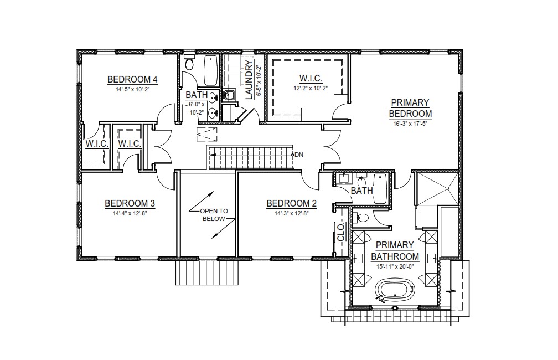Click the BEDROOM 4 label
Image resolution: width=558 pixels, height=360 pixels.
pyautogui.click(x=132, y=79)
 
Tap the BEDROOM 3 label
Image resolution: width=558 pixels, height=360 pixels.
pyautogui.click(x=130, y=203)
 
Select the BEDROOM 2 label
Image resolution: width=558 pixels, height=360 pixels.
pyautogui.click(x=291, y=203)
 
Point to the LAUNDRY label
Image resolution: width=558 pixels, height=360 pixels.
pyautogui.click(x=249, y=80)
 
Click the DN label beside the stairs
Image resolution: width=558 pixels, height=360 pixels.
pyautogui.click(x=299, y=155)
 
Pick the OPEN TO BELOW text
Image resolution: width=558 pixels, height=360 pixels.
pyautogui.click(x=214, y=215)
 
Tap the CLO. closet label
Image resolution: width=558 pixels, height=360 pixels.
pyautogui.click(x=340, y=232)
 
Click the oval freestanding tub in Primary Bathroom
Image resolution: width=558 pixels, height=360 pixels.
pyautogui.click(x=395, y=290)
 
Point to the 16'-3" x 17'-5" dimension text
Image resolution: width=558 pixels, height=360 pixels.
pyautogui.click(x=410, y=124)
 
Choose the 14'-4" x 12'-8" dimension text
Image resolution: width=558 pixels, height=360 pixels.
pyautogui.click(x=130, y=214)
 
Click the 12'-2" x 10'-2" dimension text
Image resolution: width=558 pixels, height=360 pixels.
pyautogui.click(x=311, y=88)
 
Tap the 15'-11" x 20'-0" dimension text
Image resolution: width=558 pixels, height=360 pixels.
pyautogui.click(x=395, y=266)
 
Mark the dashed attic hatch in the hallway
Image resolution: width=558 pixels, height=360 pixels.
pyautogui.click(x=206, y=134)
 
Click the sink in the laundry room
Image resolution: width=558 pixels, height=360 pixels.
pyautogui.click(x=228, y=95)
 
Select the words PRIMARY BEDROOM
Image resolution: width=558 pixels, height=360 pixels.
pyautogui.click(x=410, y=108)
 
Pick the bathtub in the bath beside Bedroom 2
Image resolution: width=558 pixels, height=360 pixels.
pyautogui.click(x=380, y=188)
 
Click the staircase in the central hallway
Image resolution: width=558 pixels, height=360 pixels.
pyautogui.click(x=251, y=157)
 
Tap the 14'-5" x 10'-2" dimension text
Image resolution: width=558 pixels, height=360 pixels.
pyautogui.click(x=132, y=89)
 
